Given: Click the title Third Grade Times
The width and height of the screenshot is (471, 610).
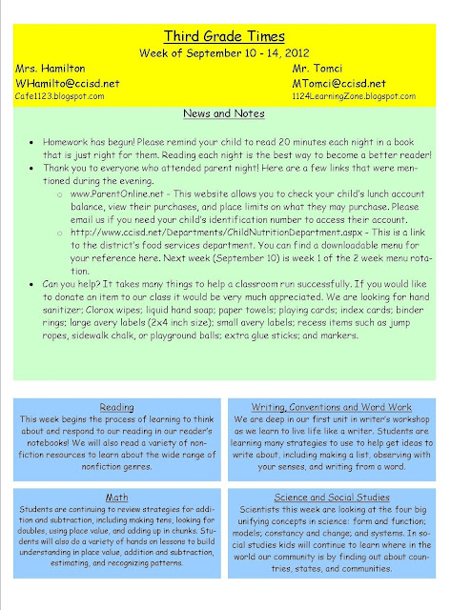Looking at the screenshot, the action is pos(235,35).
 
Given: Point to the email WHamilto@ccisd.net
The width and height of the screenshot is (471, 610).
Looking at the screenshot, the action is pos(67,83).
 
